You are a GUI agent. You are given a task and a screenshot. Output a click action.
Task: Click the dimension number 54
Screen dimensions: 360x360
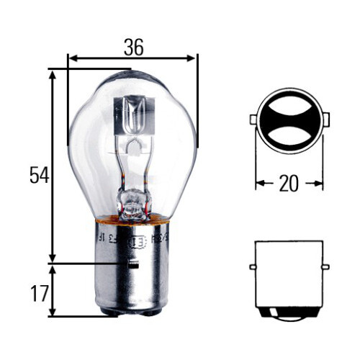tap(39, 175)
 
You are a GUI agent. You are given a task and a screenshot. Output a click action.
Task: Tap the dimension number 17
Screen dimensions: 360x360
tap(39, 293)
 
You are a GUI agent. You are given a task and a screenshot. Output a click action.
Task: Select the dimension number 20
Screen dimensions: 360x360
tap(288, 184)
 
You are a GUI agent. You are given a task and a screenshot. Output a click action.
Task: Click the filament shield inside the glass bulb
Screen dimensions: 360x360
tap(134, 115)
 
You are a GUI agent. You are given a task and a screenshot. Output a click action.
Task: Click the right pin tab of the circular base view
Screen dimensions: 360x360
tap(325, 119)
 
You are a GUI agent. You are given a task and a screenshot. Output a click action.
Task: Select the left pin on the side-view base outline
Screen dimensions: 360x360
tap(253, 267)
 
